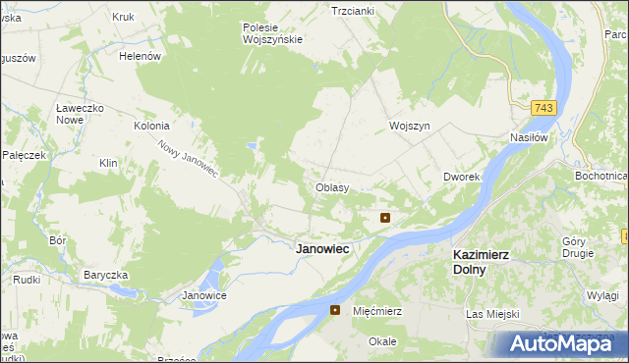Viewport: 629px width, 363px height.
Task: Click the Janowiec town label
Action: pos(322,249)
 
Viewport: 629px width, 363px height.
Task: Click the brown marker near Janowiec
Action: pos(386,218)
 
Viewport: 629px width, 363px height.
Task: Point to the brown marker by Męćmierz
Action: pos(335,310)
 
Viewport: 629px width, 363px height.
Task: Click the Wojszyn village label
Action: pos(410,128)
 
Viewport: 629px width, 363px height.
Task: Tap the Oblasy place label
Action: pos(331,186)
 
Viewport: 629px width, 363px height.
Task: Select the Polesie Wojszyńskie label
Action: pos(272,33)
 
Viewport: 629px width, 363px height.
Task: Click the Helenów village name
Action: pos(140,57)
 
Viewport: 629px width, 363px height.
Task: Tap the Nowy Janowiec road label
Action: pos(188,157)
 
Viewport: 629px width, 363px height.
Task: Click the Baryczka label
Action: pos(107,274)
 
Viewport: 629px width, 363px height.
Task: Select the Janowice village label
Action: pos(204,295)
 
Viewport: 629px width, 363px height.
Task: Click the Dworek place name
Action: pos(460,177)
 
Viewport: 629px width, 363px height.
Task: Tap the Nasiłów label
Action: pos(528,138)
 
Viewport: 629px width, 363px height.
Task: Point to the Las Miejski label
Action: pos(490,314)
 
